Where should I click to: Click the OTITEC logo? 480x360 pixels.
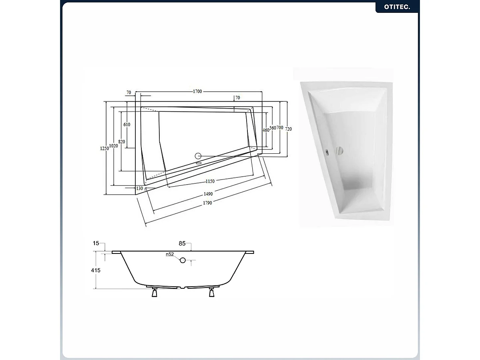coord(396,7)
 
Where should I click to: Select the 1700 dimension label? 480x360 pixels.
coord(197,92)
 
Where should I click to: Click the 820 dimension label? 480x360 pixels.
coord(122,142)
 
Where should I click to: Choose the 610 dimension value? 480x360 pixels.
coord(127,125)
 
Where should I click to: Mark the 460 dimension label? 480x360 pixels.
coord(265,130)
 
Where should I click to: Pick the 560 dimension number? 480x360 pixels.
coord(273,128)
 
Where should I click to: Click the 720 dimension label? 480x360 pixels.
coord(289,129)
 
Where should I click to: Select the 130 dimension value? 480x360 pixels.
coord(139,188)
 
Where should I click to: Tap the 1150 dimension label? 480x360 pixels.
coord(210,181)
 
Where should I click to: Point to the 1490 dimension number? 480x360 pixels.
coord(208,194)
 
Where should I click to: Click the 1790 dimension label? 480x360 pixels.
coord(207,203)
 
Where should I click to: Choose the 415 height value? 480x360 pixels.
coord(96,270)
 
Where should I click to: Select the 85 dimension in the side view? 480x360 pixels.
coord(182,243)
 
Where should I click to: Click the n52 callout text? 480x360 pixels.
coord(170,254)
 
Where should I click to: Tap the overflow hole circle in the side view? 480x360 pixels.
coord(183,260)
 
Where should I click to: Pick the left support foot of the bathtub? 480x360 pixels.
coord(154,293)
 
